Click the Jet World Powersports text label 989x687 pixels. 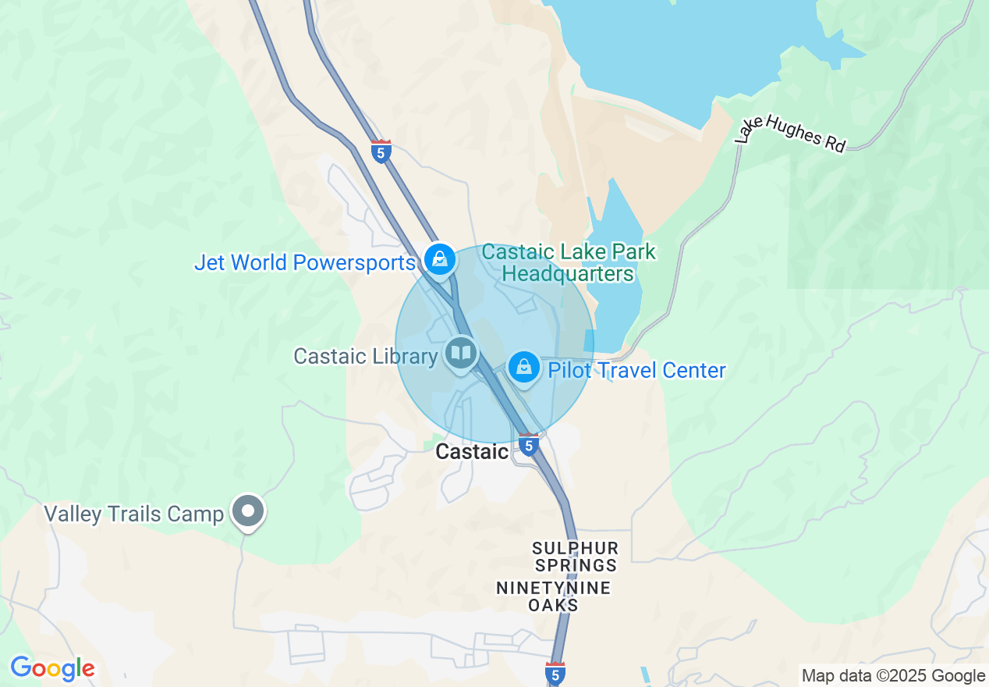click(304, 262)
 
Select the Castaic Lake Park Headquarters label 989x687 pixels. click(569, 263)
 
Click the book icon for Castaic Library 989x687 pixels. click(462, 354)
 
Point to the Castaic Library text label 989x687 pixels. click(365, 357)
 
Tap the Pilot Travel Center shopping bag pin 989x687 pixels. click(524, 368)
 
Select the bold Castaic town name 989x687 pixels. click(472, 451)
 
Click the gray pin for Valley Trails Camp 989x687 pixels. click(249, 511)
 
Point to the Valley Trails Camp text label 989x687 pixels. click(133, 514)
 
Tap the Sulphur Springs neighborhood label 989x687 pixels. click(575, 557)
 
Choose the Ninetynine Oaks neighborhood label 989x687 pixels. click(553, 596)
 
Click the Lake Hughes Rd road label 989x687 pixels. click(790, 133)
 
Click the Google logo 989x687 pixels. click(52, 669)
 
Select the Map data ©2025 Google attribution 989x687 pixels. click(894, 676)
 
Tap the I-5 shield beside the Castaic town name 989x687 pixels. click(529, 445)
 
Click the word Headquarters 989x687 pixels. click(568, 274)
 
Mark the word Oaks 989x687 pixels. click(553, 605)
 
